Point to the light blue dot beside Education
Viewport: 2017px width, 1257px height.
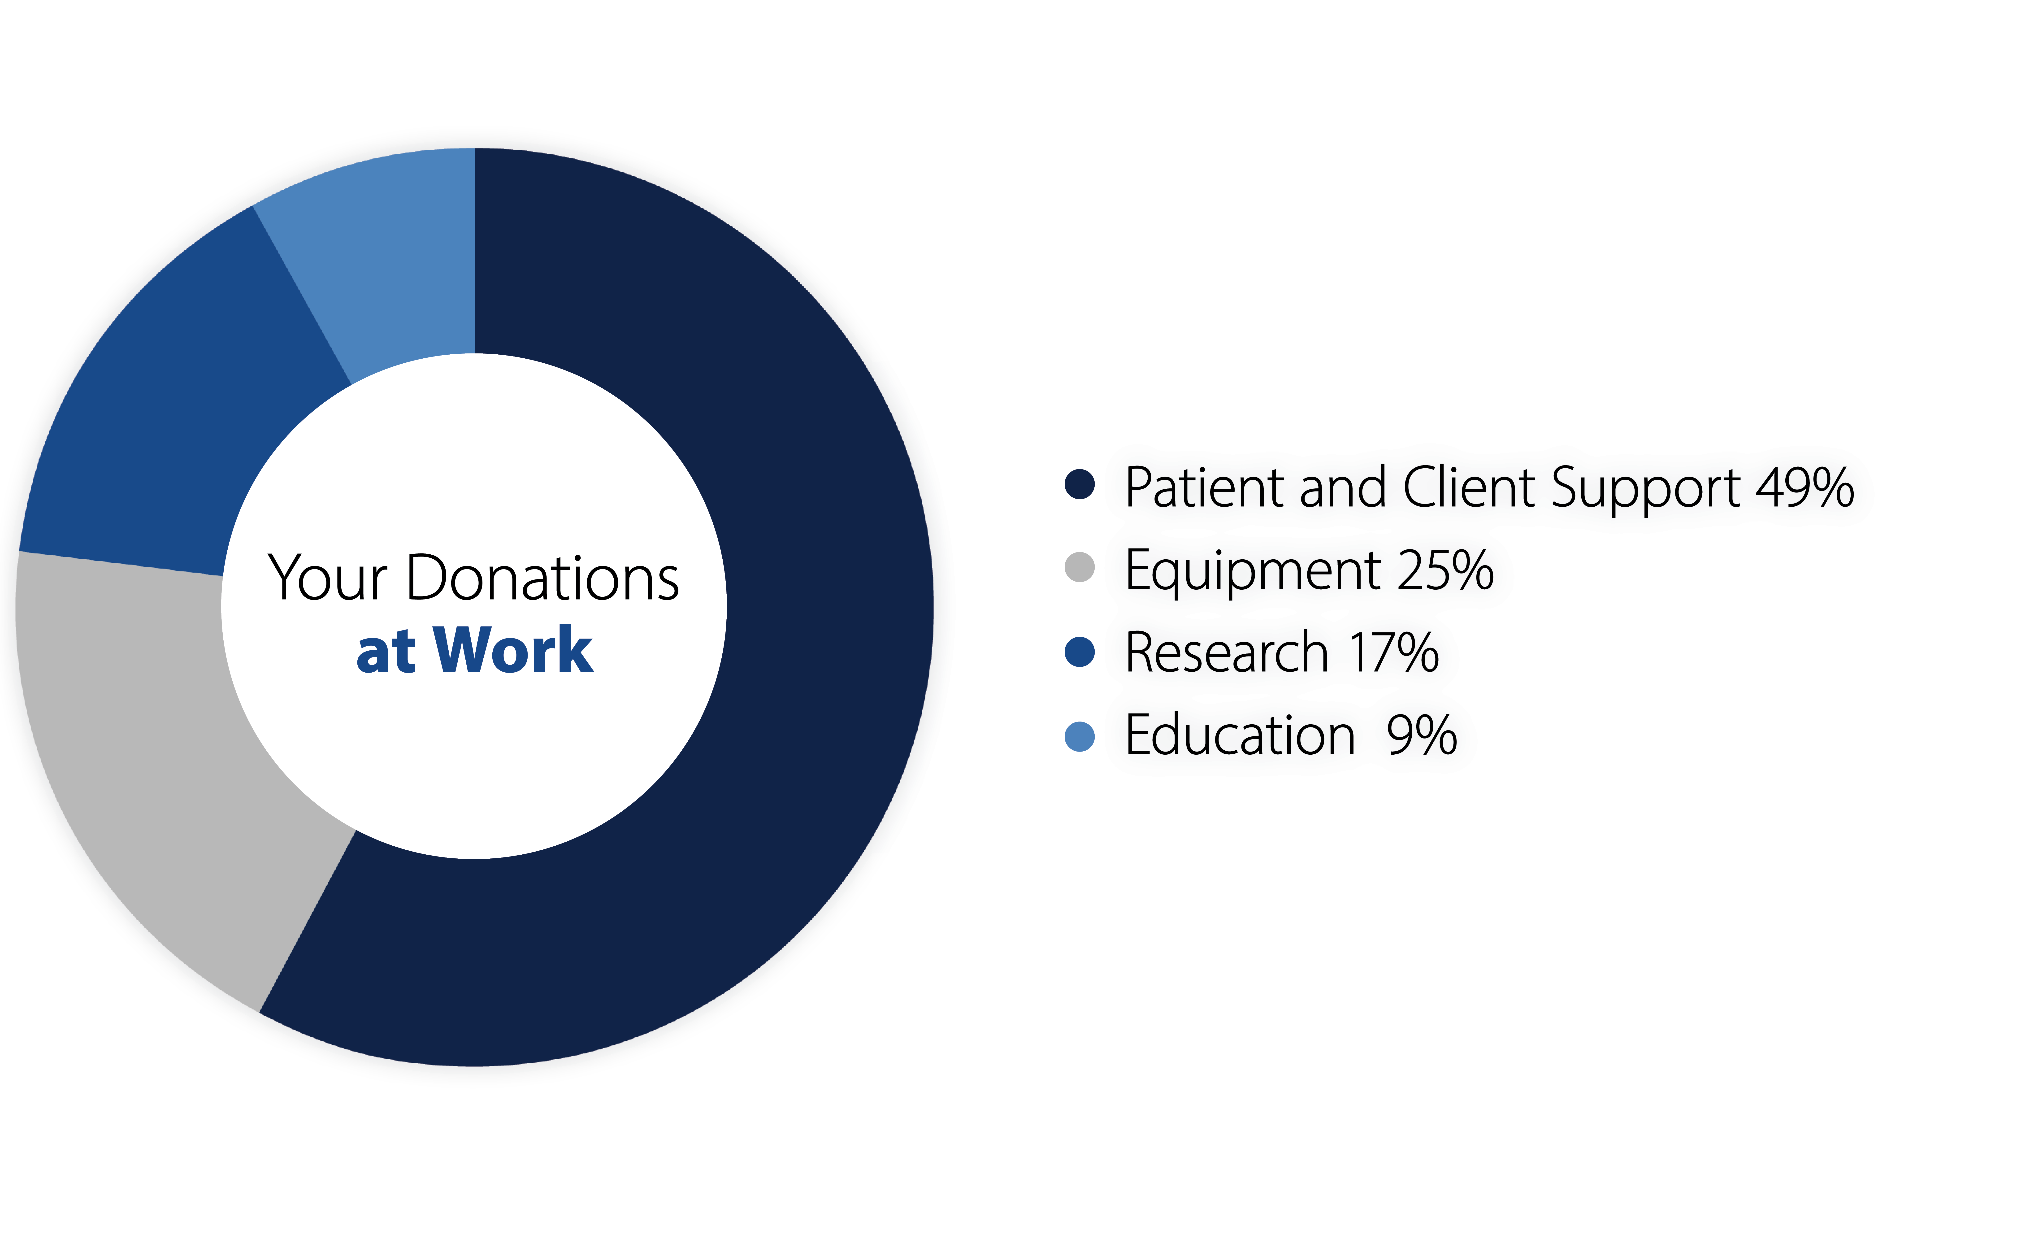pos(1080,736)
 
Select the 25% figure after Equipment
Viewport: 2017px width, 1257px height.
pos(1446,570)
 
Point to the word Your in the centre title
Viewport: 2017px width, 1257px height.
pos(327,578)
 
